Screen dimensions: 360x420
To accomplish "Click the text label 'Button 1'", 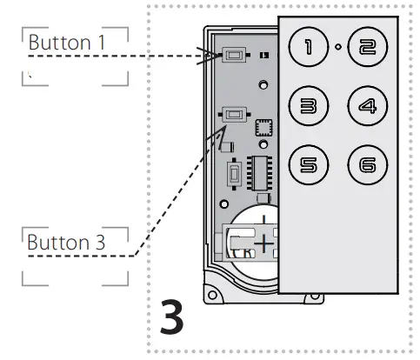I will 61,42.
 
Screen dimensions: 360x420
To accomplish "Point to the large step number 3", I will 172,318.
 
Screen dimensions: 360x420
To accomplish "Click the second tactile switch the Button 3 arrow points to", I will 234,113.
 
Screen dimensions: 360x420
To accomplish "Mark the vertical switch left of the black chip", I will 233,173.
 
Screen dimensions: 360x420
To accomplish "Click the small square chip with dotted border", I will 263,128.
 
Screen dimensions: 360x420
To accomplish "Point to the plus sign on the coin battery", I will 262,243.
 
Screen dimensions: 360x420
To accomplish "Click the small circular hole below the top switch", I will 263,85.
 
